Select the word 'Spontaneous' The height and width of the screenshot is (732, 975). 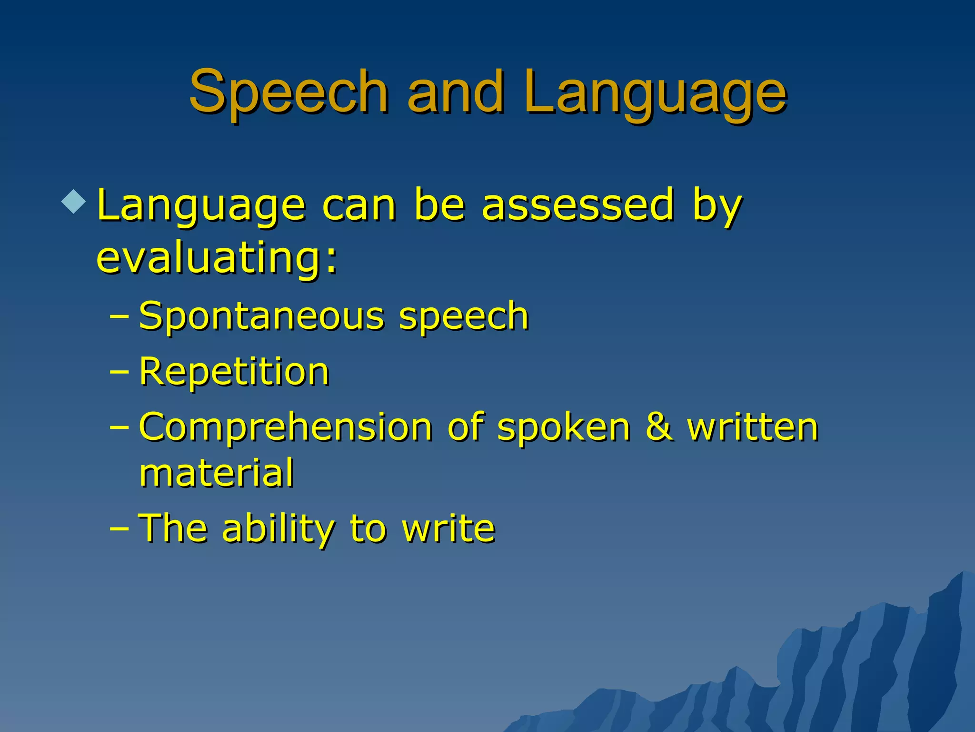[x=261, y=316]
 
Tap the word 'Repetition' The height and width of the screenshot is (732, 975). [x=234, y=371]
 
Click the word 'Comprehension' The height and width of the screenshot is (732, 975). [x=286, y=427]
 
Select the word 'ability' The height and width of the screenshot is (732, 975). [x=279, y=529]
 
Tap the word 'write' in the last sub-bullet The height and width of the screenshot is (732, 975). [x=448, y=529]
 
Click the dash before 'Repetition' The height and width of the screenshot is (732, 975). [x=119, y=371]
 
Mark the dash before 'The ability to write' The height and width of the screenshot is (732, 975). [x=119, y=529]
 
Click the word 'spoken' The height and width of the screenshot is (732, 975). [x=564, y=427]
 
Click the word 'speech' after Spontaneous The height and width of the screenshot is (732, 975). [x=464, y=317]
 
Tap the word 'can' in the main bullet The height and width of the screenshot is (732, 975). [x=359, y=206]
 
